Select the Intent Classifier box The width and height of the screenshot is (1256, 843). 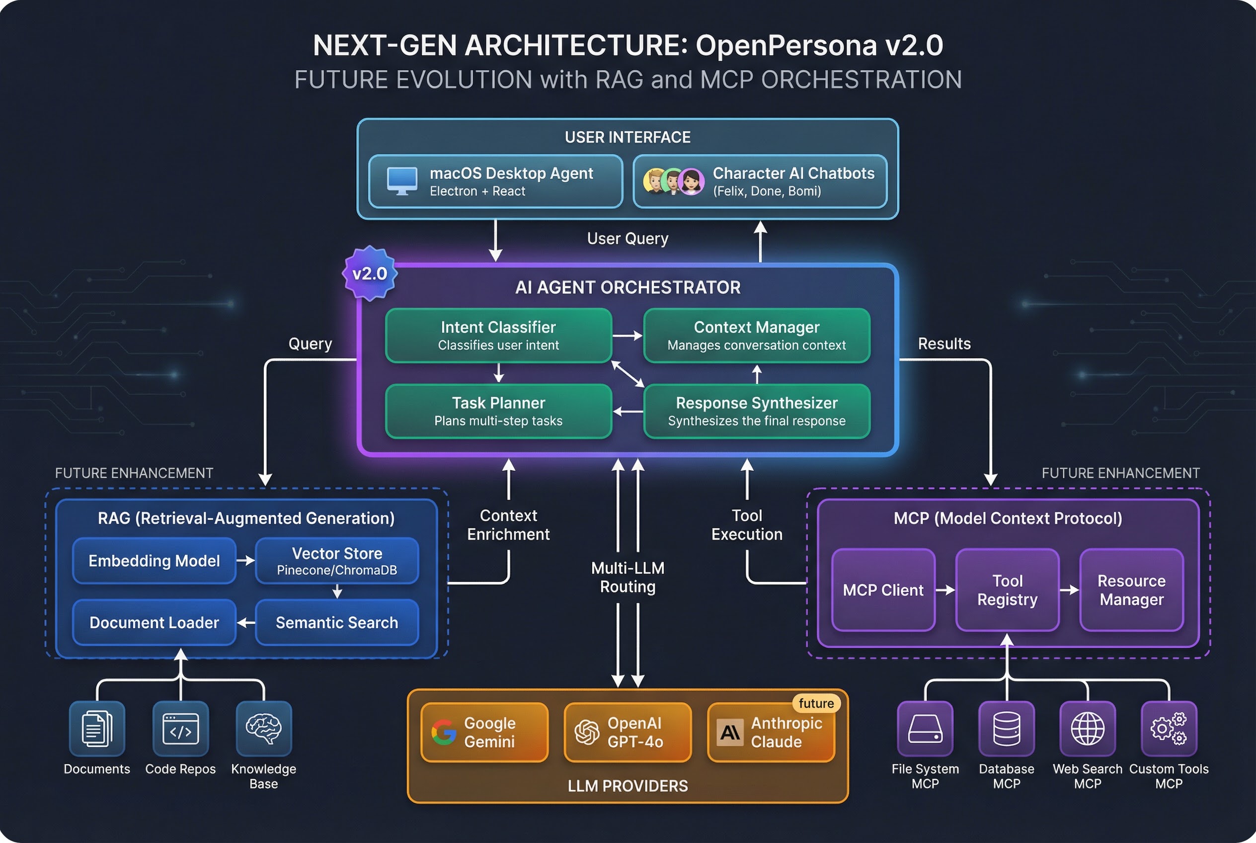[x=498, y=336]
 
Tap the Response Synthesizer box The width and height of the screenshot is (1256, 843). [x=756, y=411]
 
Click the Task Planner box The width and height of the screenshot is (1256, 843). [x=498, y=411]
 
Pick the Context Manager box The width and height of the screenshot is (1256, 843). [x=756, y=336]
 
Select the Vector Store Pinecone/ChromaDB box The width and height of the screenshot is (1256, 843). [x=337, y=561]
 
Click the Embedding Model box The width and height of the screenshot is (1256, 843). [x=154, y=561]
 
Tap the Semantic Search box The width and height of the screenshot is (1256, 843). [x=337, y=623]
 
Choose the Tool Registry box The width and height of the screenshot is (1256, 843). [x=1007, y=590]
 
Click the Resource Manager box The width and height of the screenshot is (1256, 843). [x=1131, y=590]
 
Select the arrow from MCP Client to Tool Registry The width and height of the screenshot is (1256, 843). [x=945, y=590]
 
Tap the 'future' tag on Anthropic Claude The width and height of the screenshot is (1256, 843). [x=816, y=703]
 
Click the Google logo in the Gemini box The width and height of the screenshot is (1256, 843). [x=444, y=732]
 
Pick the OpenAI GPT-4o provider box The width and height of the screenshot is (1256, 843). [x=627, y=732]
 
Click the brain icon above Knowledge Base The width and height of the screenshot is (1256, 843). [x=263, y=729]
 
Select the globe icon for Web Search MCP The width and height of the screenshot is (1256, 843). [x=1087, y=729]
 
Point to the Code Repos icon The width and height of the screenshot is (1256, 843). [x=180, y=729]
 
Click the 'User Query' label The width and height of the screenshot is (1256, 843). [x=627, y=238]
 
